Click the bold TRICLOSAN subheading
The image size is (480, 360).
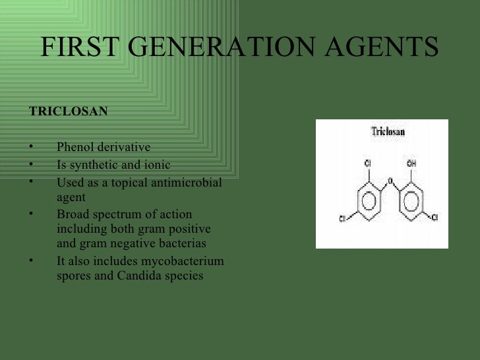click(x=69, y=111)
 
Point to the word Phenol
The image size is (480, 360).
click(x=75, y=146)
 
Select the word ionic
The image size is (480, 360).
click(x=162, y=164)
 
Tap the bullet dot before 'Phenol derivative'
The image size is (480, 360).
click(x=31, y=147)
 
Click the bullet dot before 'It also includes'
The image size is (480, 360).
click(x=31, y=261)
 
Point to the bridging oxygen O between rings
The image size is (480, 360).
click(x=390, y=179)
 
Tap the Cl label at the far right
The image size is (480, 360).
click(x=435, y=218)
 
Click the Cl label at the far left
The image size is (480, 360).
click(x=343, y=219)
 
